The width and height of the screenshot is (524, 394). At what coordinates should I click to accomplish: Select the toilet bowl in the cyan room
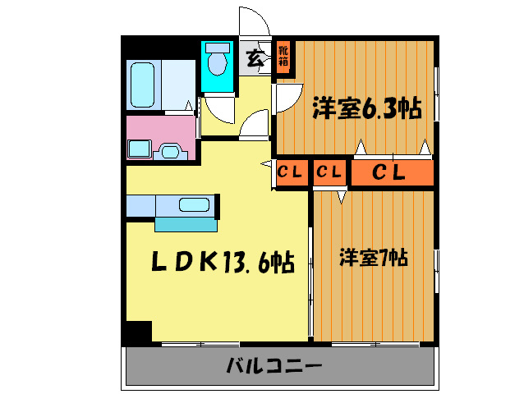point(218,62)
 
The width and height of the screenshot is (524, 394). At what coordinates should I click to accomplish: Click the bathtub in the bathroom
point(143,85)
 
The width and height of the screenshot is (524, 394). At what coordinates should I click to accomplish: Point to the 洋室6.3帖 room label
point(366,108)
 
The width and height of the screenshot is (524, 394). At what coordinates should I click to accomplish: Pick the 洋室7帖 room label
point(374,259)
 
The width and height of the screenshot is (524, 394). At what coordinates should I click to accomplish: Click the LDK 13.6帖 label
point(222,262)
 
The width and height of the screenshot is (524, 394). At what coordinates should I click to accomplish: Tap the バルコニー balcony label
point(274,365)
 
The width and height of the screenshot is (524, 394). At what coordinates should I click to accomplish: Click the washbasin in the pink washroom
point(172,151)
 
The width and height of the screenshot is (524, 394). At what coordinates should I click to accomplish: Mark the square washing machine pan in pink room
point(138,149)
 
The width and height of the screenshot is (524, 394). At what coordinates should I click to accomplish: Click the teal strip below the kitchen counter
point(186,224)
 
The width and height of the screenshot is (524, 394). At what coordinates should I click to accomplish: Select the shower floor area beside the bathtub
point(179,84)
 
